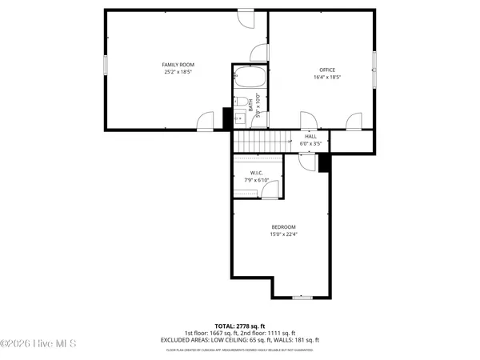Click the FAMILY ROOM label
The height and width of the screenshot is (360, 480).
[178, 65]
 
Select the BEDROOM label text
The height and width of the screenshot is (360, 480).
[282, 226]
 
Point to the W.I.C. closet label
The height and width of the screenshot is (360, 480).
[257, 173]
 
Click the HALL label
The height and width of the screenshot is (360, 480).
[310, 136]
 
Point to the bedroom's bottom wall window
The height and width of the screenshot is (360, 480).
[301, 298]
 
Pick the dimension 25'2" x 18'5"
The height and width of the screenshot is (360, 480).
[178, 73]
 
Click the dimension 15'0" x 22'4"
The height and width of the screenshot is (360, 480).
[282, 234]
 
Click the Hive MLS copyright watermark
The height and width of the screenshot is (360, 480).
[38, 344]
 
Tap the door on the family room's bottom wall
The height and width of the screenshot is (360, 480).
[206, 122]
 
